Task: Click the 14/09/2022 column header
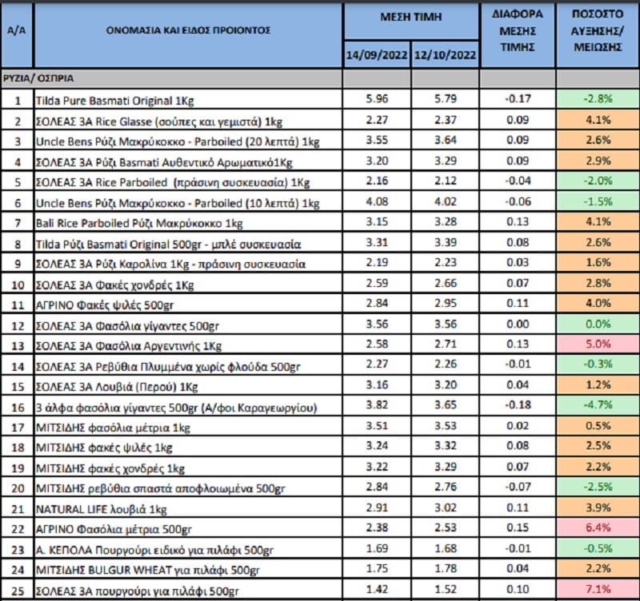click(x=376, y=55)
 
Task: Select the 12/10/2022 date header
click(x=445, y=55)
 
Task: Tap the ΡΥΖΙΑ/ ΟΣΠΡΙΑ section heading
click(x=38, y=78)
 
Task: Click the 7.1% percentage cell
click(x=598, y=589)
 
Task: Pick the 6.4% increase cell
click(x=598, y=527)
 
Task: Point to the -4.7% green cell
click(x=598, y=405)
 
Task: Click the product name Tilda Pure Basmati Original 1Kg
click(x=114, y=101)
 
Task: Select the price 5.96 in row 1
click(x=377, y=98)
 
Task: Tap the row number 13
click(x=18, y=346)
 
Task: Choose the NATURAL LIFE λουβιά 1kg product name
click(x=102, y=509)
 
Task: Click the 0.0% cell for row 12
click(x=598, y=324)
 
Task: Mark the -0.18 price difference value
click(x=518, y=405)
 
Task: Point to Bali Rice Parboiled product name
click(x=139, y=224)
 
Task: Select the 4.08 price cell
click(x=377, y=201)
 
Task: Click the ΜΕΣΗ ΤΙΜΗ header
click(x=411, y=17)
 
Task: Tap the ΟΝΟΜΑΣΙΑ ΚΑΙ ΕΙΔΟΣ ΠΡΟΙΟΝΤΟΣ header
click(x=188, y=30)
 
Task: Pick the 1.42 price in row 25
click(x=377, y=589)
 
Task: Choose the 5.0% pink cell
click(x=598, y=344)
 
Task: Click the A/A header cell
click(x=16, y=30)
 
